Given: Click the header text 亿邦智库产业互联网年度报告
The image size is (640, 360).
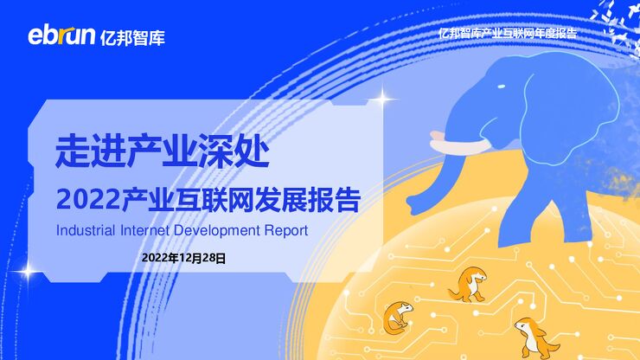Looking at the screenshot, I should coord(507,33).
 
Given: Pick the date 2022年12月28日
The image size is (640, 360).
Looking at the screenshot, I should coord(183,257).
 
